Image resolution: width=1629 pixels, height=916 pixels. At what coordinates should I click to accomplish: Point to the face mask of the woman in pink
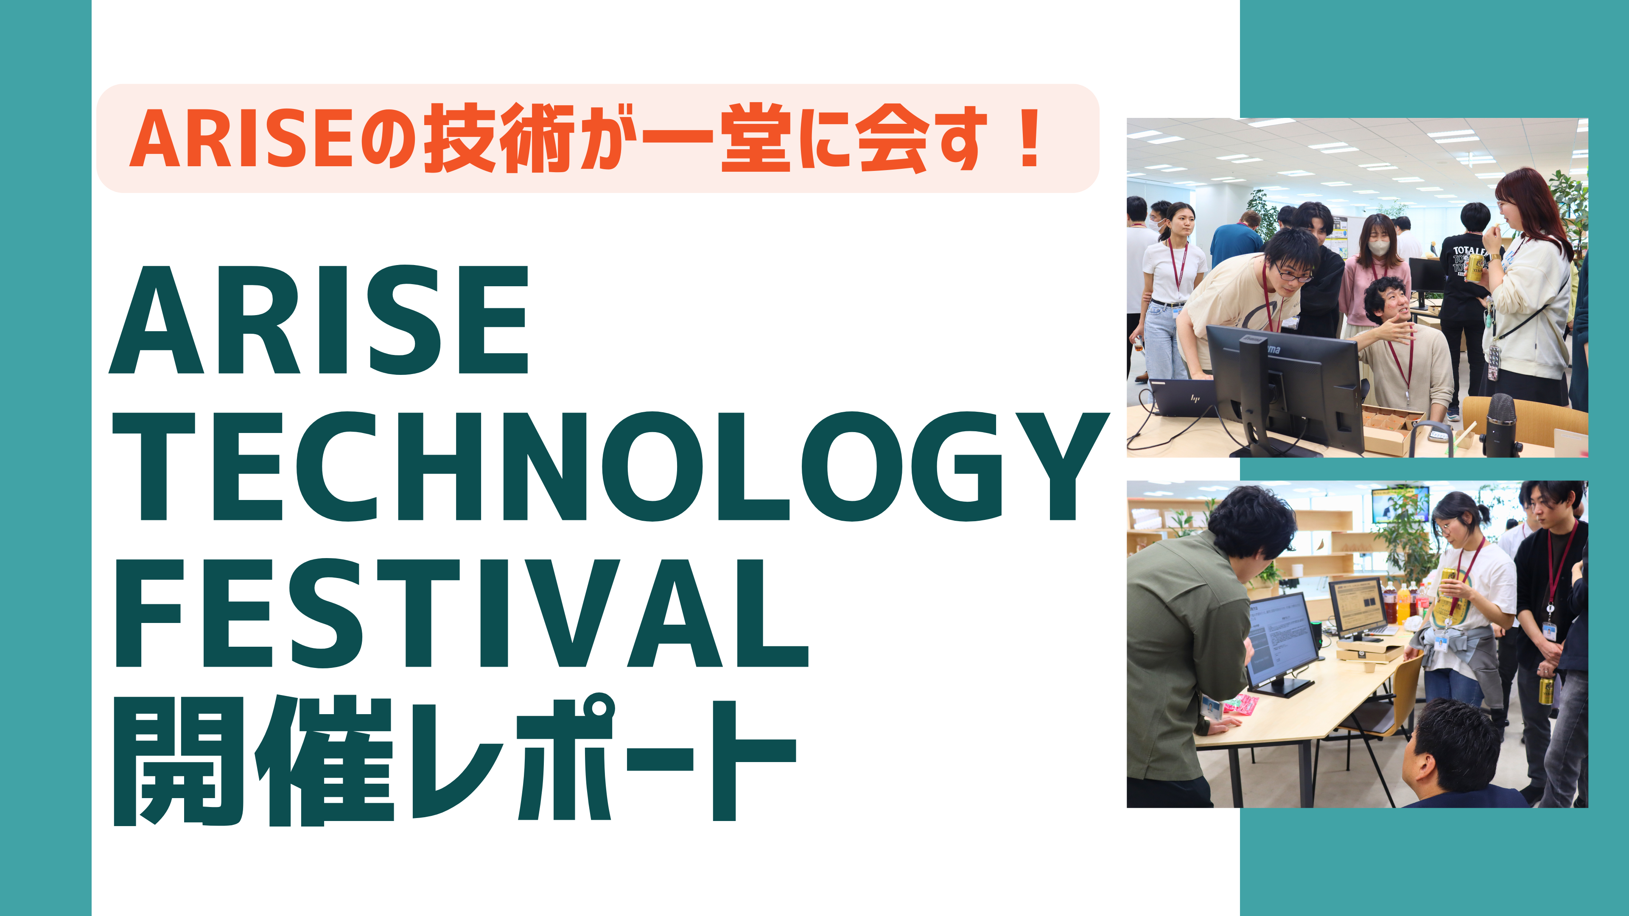click(x=1379, y=246)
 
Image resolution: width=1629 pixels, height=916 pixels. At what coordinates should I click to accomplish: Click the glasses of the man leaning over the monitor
click(x=1293, y=272)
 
